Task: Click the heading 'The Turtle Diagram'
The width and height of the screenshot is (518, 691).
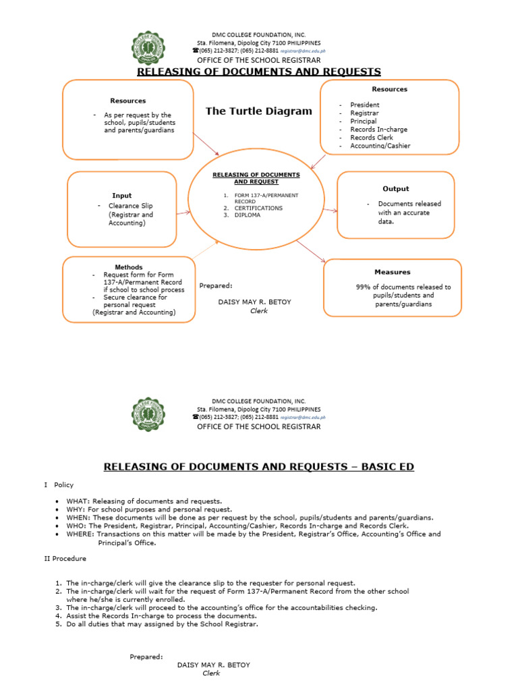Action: click(259, 111)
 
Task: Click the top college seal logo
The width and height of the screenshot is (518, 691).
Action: click(154, 48)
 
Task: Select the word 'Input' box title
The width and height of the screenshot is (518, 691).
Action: click(122, 196)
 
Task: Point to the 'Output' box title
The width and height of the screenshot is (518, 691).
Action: click(395, 189)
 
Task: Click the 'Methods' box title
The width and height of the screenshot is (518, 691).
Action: click(128, 267)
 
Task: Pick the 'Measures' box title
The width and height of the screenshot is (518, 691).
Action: click(393, 272)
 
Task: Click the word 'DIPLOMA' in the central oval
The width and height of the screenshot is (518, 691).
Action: click(248, 215)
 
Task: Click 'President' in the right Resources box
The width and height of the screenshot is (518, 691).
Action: click(365, 105)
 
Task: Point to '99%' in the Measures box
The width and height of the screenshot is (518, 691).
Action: click(364, 287)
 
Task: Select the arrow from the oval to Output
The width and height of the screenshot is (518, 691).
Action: click(330, 210)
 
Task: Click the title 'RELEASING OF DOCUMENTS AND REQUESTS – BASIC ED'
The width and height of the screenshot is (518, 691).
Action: click(258, 467)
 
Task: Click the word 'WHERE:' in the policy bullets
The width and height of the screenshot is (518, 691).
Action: click(81, 534)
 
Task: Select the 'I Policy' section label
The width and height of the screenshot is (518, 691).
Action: click(59, 485)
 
